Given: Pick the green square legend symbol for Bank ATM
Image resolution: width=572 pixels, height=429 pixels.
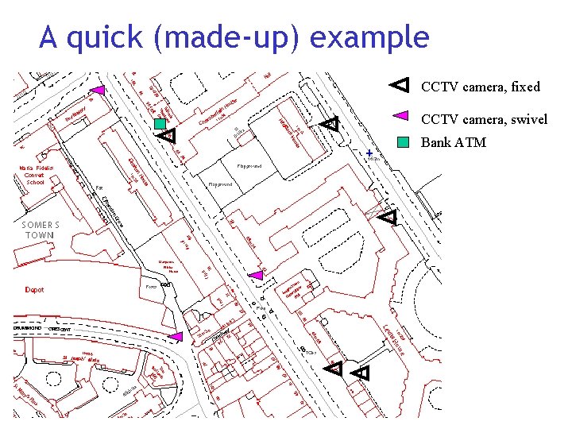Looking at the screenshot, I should [403, 143].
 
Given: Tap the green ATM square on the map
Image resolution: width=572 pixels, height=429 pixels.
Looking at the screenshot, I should [160, 124].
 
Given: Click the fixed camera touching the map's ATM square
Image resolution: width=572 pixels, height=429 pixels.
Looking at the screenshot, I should [168, 136].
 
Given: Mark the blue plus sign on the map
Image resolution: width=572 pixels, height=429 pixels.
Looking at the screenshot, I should [369, 152].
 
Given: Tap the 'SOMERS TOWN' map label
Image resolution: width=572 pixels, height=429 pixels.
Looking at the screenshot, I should [40, 230].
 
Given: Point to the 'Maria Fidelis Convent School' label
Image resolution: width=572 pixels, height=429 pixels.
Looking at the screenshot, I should [36, 176].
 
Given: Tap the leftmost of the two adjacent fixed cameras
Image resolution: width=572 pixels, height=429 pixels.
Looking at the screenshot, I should [334, 367].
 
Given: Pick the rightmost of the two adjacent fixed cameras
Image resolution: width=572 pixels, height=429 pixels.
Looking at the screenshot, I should [361, 372].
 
